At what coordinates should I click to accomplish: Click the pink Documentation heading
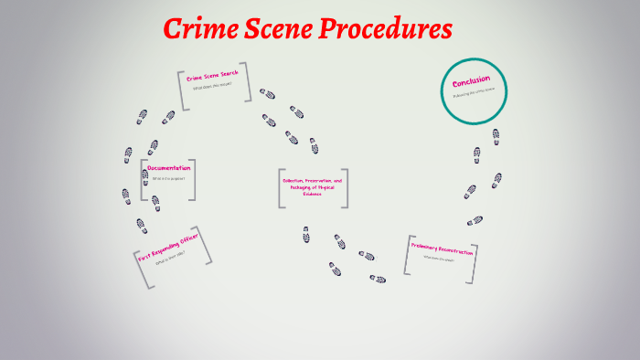169,168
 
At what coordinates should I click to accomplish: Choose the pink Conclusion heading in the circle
471,80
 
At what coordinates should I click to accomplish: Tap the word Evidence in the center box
313,194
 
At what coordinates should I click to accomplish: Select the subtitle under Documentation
167,179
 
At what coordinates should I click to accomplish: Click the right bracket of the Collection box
345,188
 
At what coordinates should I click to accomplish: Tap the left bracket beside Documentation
143,180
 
